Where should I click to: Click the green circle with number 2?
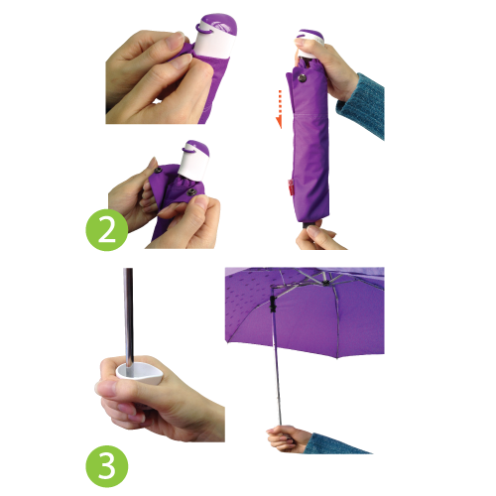(107, 230)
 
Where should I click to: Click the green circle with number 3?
(107, 466)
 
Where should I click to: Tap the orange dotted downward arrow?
(280, 109)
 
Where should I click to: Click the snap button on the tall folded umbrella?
(302, 78)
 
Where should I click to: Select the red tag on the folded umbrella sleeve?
(291, 187)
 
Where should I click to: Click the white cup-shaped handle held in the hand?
(139, 372)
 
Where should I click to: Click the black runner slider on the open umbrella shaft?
(273, 304)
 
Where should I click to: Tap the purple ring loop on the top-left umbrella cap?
(204, 30)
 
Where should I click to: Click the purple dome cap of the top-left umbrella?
(219, 24)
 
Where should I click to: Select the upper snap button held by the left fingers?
(158, 171)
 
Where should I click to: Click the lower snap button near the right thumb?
(191, 191)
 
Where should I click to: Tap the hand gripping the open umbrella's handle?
(285, 438)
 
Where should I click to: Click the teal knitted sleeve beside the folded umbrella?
(362, 106)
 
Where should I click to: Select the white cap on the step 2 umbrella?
(194, 161)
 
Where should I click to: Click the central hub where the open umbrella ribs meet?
(325, 282)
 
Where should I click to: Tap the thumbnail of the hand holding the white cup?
(106, 387)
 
